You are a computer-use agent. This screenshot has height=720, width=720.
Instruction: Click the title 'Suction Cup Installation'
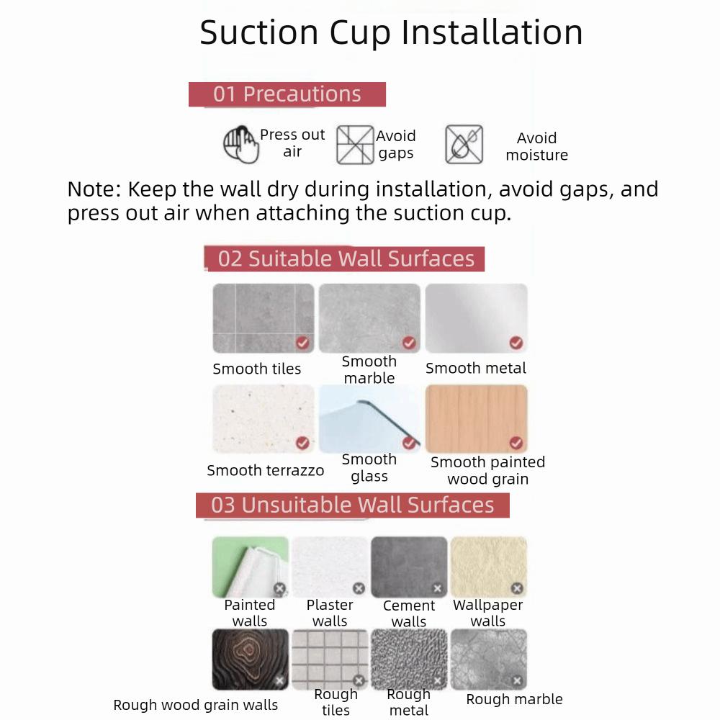[391, 32]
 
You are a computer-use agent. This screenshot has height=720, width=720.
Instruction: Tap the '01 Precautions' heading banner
[287, 94]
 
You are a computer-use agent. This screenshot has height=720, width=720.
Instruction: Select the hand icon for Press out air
[240, 144]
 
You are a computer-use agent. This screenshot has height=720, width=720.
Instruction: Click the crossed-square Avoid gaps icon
[355, 144]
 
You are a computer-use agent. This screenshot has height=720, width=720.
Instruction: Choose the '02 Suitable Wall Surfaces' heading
[346, 259]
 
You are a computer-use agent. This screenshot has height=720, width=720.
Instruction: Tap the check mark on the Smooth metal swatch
[516, 343]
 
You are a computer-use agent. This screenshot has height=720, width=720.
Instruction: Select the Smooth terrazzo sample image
[264, 418]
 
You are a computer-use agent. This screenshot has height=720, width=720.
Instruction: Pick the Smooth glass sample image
[369, 418]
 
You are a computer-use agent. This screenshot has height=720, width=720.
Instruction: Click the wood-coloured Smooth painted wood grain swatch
[476, 418]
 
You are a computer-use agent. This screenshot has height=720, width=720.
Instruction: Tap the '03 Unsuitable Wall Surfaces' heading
[353, 505]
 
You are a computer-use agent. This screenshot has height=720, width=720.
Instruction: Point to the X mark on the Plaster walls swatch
[359, 589]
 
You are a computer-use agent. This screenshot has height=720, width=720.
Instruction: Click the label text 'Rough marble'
[514, 699]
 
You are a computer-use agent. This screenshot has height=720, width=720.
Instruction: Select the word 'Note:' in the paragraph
[94, 189]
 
